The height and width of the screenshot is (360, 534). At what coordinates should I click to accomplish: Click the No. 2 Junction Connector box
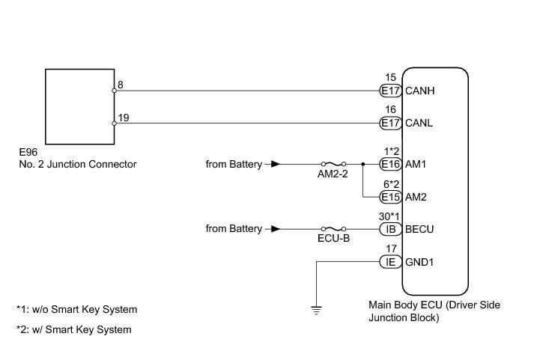[79, 106]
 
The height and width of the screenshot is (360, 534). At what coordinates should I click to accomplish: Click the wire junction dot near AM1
[362, 164]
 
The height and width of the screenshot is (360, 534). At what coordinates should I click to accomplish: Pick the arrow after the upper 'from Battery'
[276, 164]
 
